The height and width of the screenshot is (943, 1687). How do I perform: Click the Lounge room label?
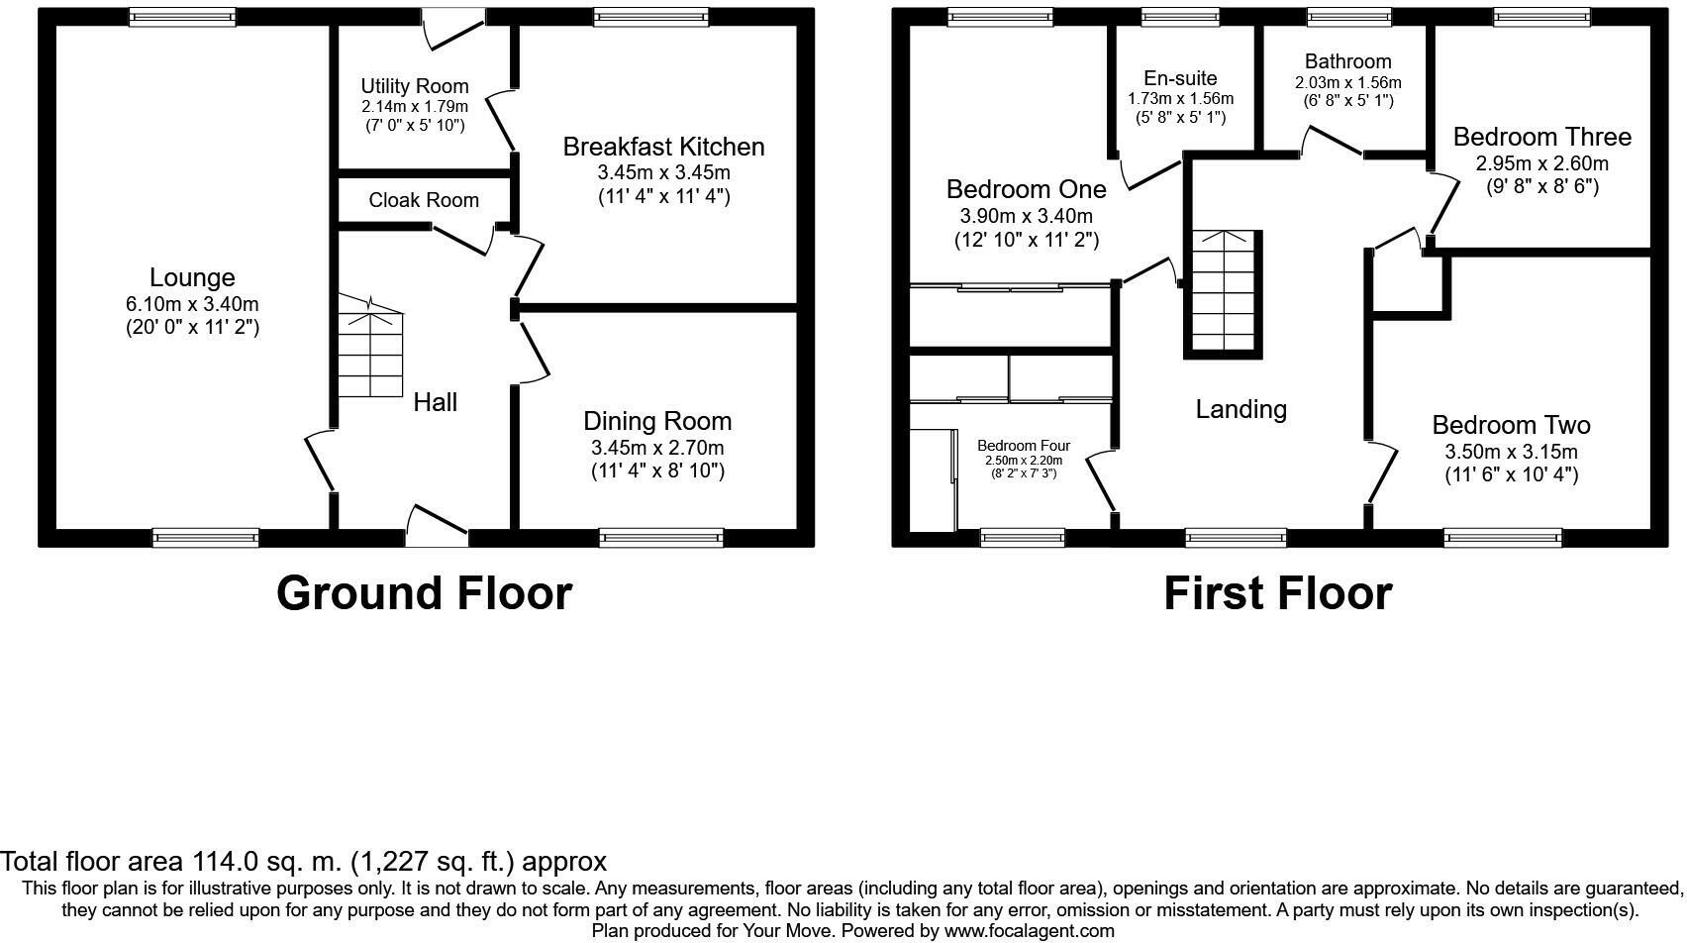(192, 278)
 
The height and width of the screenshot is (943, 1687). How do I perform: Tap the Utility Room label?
(414, 86)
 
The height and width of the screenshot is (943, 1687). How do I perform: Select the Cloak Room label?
(424, 200)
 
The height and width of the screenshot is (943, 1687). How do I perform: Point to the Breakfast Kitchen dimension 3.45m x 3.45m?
(663, 172)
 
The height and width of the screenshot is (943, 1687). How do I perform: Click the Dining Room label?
(657, 421)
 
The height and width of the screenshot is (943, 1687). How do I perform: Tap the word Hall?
(435, 402)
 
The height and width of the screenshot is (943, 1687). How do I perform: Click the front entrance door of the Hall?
(437, 526)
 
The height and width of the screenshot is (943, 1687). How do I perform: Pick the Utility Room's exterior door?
(452, 27)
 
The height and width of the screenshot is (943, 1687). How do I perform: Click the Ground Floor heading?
(424, 593)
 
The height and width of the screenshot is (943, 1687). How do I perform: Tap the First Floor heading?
(1277, 593)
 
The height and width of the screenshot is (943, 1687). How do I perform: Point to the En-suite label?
(1180, 78)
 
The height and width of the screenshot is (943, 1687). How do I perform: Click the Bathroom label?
(1347, 61)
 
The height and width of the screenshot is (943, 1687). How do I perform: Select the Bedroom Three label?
(1541, 137)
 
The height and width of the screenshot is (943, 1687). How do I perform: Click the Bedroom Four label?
(1023, 446)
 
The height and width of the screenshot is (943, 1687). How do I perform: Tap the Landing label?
(1240, 409)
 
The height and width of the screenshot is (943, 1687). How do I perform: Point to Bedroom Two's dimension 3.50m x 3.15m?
(1511, 452)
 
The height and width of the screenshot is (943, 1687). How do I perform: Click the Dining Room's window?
(660, 538)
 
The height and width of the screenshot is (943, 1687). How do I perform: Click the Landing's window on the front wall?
(1236, 538)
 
